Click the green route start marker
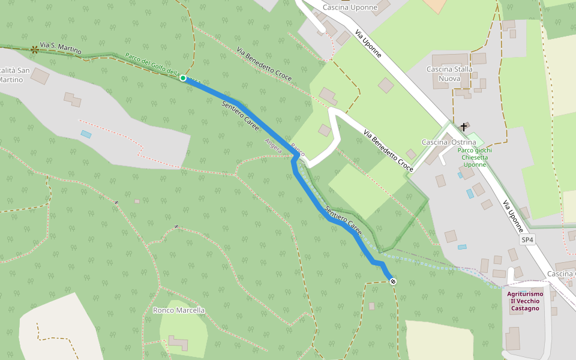click(183, 78)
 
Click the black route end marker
click(393, 281)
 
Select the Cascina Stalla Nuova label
click(449, 74)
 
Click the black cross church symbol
click(464, 127)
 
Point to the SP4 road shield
click(527, 240)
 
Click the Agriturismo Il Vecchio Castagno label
click(524, 301)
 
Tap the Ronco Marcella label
click(179, 310)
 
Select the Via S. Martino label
click(60, 49)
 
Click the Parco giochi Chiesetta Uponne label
click(475, 157)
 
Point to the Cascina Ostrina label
click(449, 142)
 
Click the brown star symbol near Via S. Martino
click(34, 50)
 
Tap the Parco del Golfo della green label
click(152, 65)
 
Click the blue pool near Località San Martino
click(86, 134)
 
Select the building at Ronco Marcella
click(178, 343)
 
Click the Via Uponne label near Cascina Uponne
click(368, 43)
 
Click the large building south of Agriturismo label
click(513, 338)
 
